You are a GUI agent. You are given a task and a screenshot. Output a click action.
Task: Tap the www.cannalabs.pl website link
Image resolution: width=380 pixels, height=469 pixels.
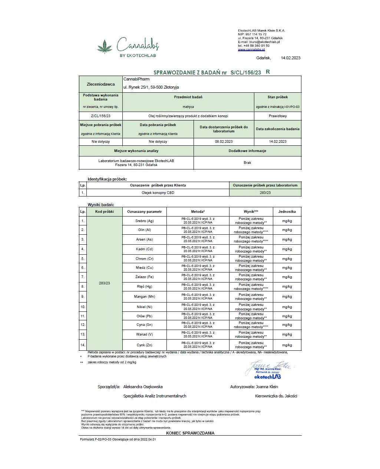pyautogui.click(x=251, y=49)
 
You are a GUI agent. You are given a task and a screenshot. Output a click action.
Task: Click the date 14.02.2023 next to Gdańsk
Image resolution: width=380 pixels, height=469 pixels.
pyautogui.click(x=290, y=58)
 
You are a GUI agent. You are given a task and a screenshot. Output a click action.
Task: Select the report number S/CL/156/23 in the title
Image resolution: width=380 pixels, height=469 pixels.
pyautogui.click(x=245, y=73)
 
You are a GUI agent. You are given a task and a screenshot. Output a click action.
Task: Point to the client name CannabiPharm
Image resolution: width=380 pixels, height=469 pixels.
pyautogui.click(x=136, y=79)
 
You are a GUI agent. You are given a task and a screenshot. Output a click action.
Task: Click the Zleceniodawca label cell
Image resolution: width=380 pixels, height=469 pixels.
pyautogui.click(x=101, y=85)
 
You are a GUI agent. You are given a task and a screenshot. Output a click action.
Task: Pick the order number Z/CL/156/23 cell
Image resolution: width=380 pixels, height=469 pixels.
pyautogui.click(x=101, y=116)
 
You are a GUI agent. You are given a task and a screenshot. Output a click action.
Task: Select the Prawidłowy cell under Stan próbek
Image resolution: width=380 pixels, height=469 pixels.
pyautogui.click(x=278, y=116)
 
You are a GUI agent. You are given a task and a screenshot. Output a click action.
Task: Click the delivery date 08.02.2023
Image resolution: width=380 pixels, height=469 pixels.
pyautogui.click(x=224, y=142)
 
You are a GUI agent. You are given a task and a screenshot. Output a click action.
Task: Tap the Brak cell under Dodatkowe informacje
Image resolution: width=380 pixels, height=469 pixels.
pyautogui.click(x=247, y=163)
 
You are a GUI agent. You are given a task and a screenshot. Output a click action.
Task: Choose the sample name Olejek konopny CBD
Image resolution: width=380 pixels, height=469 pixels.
pyautogui.click(x=158, y=193)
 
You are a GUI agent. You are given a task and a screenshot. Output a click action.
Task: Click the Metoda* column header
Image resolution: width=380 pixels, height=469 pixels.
pyautogui.click(x=198, y=212)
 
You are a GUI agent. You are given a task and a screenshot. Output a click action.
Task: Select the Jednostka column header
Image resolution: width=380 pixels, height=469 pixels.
pyautogui.click(x=287, y=212)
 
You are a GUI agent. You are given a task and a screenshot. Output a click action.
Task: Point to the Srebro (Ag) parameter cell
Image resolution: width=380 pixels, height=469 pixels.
pyautogui.click(x=145, y=221)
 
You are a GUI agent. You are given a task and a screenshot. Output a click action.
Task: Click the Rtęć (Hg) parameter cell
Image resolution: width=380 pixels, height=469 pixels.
pyautogui.click(x=145, y=287)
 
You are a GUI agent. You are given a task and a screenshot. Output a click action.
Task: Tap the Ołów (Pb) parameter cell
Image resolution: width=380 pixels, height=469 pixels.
pyautogui.click(x=145, y=316)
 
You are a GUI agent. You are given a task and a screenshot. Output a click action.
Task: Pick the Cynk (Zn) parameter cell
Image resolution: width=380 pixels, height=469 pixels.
pyautogui.click(x=145, y=345)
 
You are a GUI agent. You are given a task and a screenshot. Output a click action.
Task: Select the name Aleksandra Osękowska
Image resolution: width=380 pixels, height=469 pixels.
pyautogui.click(x=143, y=387)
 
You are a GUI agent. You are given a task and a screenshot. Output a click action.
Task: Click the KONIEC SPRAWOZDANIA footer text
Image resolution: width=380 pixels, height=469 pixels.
pyautogui.click(x=190, y=433)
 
